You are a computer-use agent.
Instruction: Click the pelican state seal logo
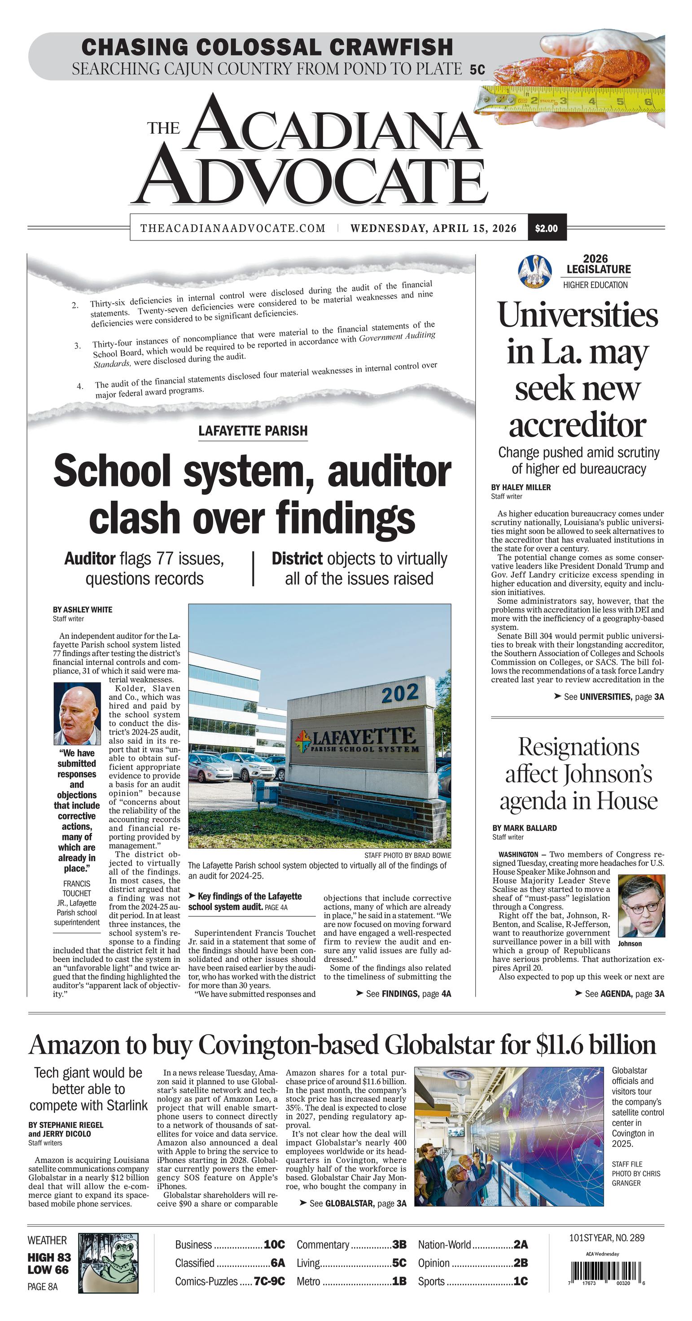coord(534,271)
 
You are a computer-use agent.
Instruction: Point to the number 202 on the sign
coord(399,694)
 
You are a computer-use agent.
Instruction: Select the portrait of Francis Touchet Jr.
coord(77,713)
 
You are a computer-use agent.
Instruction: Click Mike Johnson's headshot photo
coord(641,906)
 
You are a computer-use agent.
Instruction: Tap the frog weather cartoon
coord(108,1262)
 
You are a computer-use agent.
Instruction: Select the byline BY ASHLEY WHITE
coord(82,610)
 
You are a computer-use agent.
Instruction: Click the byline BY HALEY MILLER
coord(521,487)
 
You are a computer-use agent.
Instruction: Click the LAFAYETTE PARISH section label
coord(253,431)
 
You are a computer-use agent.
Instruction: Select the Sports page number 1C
coord(520,1281)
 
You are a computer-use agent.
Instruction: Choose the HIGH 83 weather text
coord(49,1257)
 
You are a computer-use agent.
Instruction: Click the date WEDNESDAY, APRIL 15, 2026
coord(433,228)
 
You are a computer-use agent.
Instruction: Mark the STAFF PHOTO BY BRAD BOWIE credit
coord(407,855)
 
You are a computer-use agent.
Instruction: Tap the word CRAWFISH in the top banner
coord(391,47)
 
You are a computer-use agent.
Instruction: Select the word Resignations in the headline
coord(578,747)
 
